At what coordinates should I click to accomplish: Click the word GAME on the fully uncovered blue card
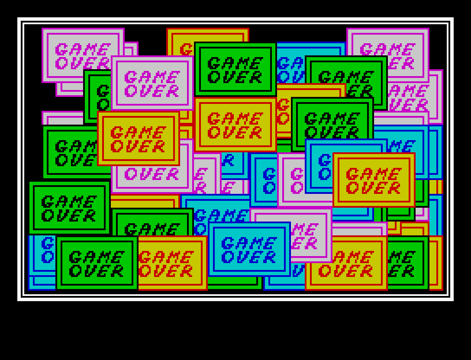(248, 243)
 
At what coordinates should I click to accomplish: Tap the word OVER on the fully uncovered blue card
(248, 257)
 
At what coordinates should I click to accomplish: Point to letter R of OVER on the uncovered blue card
(270, 257)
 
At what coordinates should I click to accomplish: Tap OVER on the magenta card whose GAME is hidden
(152, 174)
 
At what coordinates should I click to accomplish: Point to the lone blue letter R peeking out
(228, 160)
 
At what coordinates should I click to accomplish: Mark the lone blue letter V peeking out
(297, 271)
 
